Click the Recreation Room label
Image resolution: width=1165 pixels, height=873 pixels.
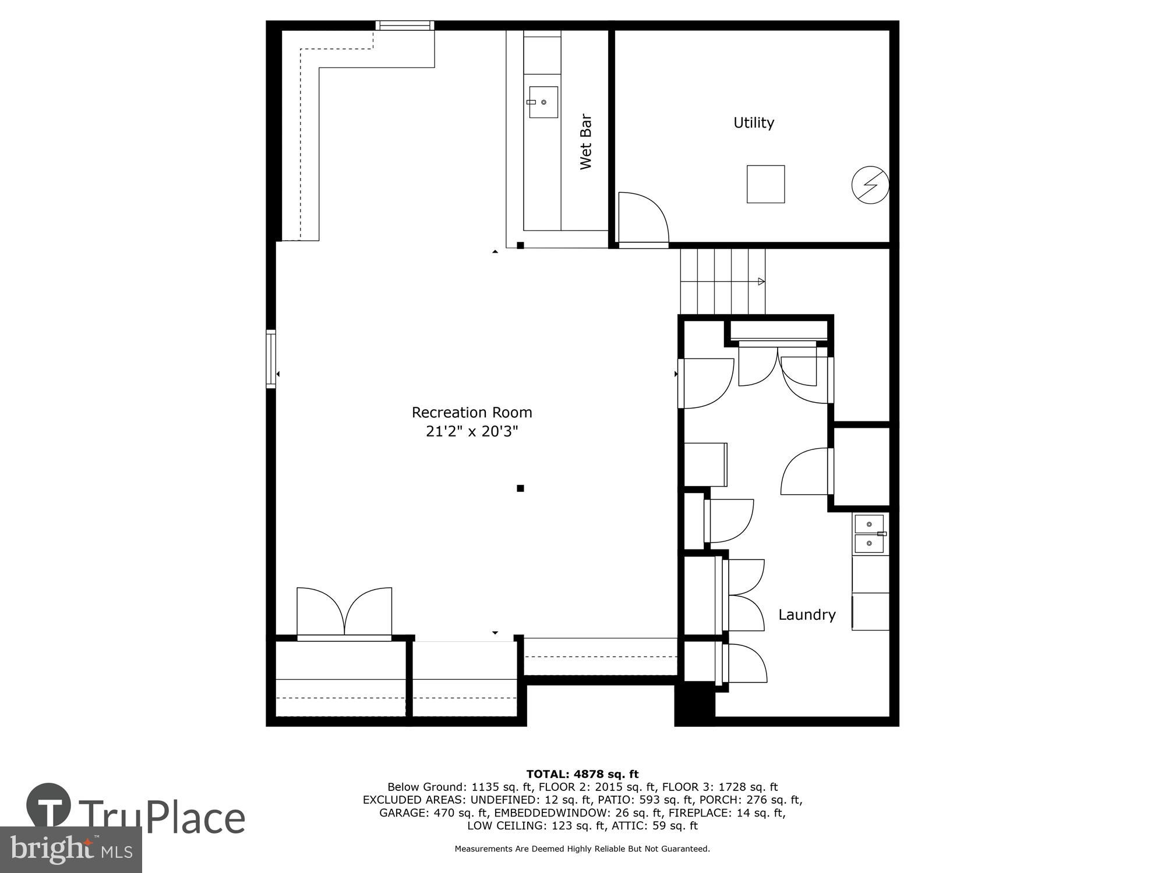(472, 413)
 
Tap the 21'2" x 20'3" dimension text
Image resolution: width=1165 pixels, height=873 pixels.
(472, 432)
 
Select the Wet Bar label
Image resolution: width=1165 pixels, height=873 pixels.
(585, 141)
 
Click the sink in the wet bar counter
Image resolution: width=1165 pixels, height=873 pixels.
(543, 102)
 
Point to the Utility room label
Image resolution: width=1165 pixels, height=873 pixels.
(753, 123)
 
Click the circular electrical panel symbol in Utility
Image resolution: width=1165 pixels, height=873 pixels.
(870, 186)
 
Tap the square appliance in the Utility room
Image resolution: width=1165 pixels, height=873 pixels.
(765, 184)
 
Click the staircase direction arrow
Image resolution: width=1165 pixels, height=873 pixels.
(761, 282)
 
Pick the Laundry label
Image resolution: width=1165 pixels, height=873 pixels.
(807, 615)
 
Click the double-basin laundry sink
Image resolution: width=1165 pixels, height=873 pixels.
(869, 534)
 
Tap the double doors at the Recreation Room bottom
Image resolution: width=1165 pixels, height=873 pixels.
(344, 614)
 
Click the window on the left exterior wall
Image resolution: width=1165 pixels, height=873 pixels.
(271, 359)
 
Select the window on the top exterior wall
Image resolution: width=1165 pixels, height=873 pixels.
(405, 25)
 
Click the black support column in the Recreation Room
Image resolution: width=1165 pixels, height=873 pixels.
(520, 488)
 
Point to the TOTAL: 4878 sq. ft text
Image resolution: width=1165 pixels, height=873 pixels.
(582, 774)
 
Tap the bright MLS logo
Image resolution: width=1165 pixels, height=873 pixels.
(71, 850)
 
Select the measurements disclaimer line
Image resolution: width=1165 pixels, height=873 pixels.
(582, 849)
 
